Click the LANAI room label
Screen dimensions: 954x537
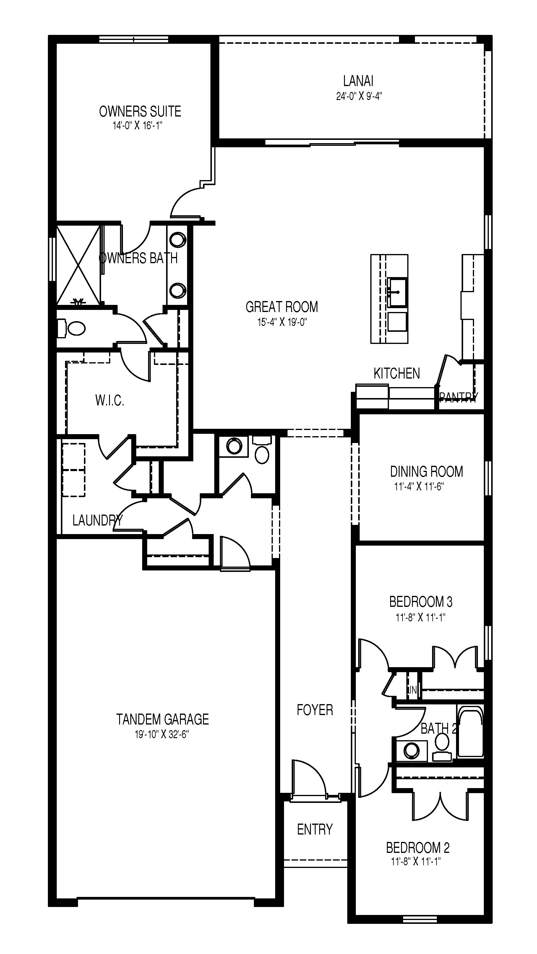(358, 81)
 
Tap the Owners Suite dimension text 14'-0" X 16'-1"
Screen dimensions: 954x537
(138, 126)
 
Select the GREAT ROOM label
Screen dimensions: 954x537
(282, 307)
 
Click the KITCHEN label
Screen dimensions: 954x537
(397, 373)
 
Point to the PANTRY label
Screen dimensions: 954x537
(458, 397)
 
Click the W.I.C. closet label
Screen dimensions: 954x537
(110, 400)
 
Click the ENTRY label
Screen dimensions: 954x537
(314, 829)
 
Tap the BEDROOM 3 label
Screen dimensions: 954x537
(421, 602)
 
